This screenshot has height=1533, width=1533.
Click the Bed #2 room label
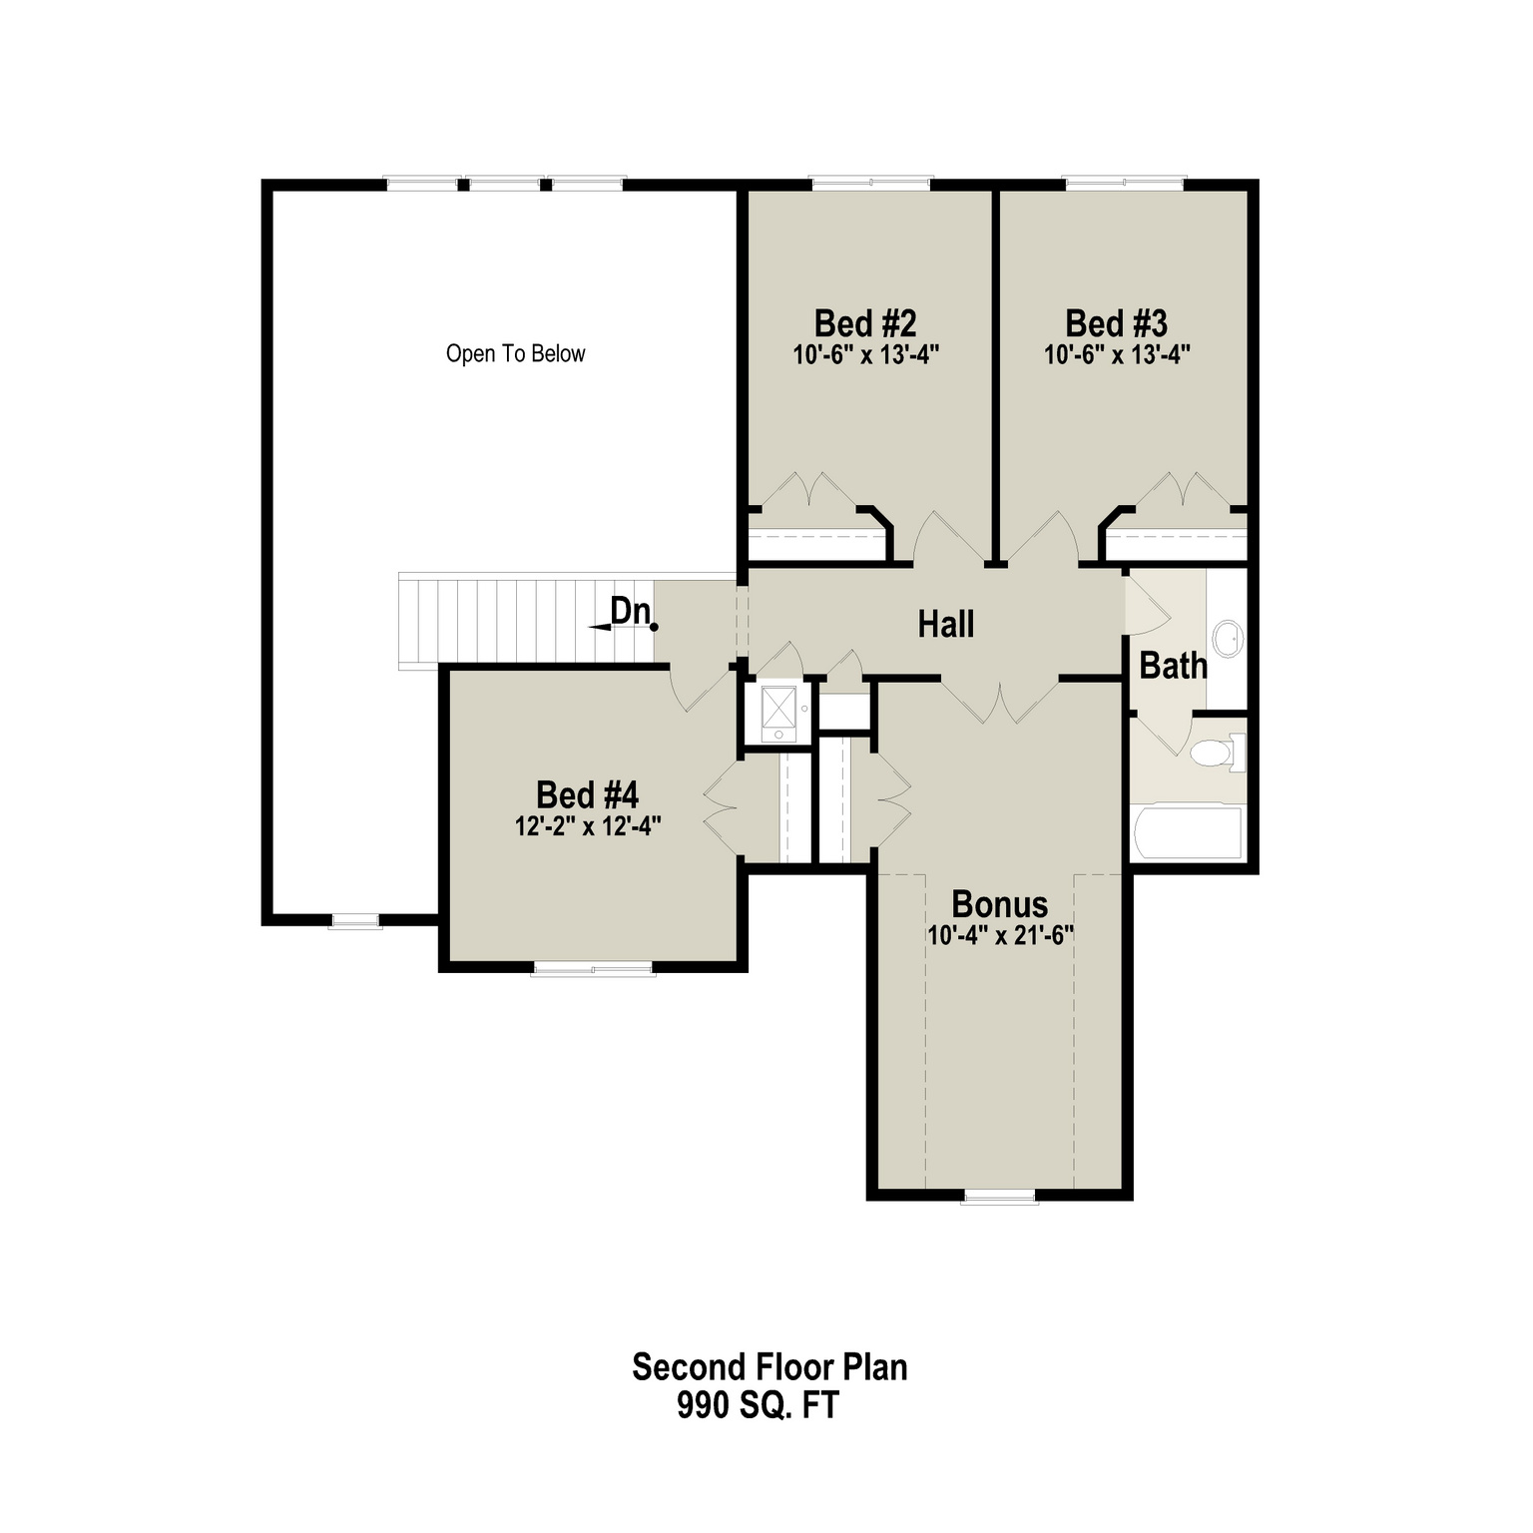[x=865, y=323]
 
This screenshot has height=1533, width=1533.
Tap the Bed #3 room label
[x=1116, y=323]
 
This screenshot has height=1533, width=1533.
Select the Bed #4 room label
[x=587, y=795]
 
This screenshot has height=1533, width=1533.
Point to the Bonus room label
[x=999, y=904]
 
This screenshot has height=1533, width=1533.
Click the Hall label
[x=946, y=625]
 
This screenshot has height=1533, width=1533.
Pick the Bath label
[x=1173, y=666]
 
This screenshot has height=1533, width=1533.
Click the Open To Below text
[x=515, y=353]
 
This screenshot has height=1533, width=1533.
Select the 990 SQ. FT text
[x=758, y=1405]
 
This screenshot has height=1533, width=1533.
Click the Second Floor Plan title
[x=769, y=1366]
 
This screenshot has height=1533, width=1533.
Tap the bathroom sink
[x=1228, y=638]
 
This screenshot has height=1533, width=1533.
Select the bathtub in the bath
[x=1188, y=832]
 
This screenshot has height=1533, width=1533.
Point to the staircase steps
[x=526, y=620]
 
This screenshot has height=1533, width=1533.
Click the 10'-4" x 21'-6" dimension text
[x=999, y=936]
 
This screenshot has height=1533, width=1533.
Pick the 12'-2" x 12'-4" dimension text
[x=588, y=826]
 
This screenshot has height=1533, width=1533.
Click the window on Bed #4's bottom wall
[x=593, y=968]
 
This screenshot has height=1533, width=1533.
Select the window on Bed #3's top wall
[x=1125, y=184]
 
